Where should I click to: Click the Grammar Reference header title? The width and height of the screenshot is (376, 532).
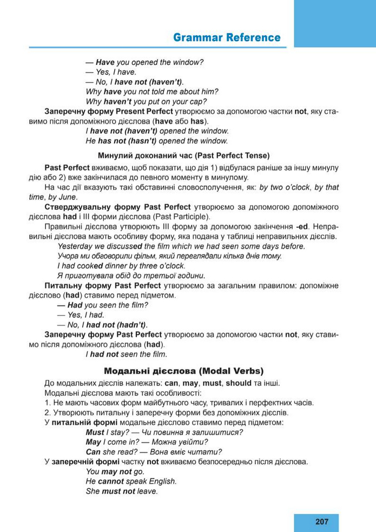click(x=227, y=37)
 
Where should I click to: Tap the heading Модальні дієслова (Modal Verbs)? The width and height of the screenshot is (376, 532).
click(x=183, y=371)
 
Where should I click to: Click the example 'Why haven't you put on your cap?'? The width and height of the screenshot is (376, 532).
click(x=146, y=101)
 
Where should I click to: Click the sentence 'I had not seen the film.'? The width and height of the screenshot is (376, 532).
click(x=126, y=354)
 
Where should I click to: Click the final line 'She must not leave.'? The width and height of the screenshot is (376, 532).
click(x=122, y=491)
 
